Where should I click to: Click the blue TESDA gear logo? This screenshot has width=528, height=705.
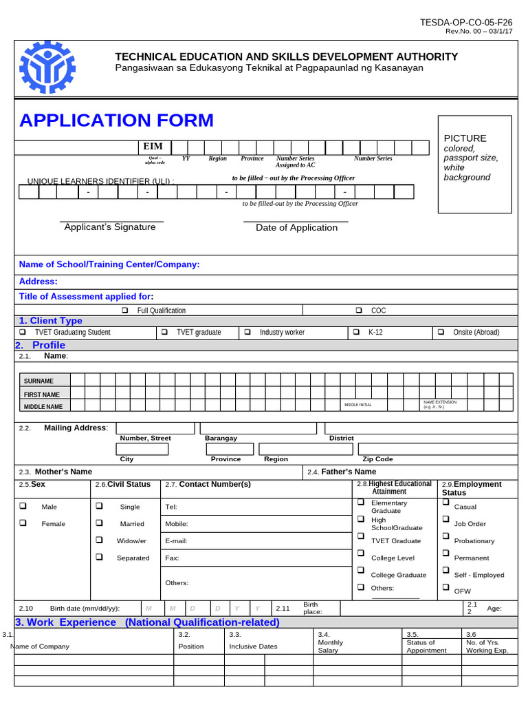click(x=47, y=67)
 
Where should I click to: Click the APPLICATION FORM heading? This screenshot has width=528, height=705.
click(x=116, y=120)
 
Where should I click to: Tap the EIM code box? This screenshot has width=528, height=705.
click(x=153, y=147)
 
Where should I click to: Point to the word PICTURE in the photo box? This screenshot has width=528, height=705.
click(x=465, y=138)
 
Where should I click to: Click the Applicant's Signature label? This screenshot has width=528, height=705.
click(x=110, y=227)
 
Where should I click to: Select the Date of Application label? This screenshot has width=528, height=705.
click(x=296, y=228)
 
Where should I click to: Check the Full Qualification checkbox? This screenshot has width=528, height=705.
click(x=125, y=311)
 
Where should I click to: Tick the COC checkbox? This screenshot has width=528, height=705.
click(x=359, y=311)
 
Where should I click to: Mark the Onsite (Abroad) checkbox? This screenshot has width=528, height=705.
click(x=441, y=332)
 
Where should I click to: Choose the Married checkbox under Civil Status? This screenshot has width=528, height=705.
click(x=100, y=523)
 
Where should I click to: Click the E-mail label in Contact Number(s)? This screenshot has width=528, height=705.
click(x=177, y=541)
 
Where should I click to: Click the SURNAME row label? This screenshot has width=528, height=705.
click(x=38, y=381)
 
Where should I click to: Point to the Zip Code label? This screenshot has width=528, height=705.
click(x=377, y=459)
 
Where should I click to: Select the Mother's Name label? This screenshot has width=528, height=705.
click(x=63, y=472)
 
